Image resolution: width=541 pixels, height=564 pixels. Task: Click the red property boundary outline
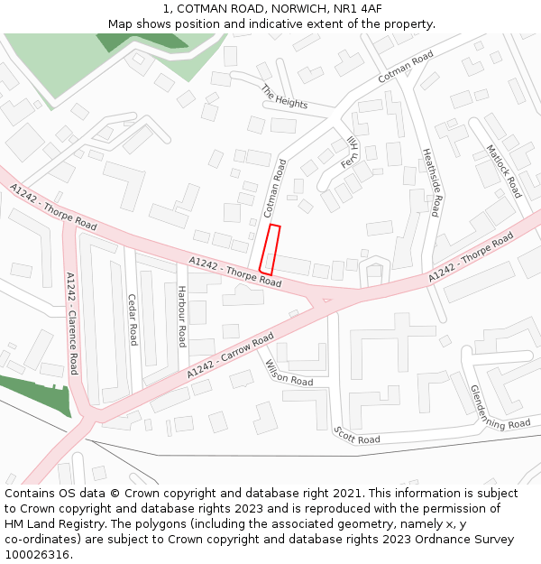pos(270,250)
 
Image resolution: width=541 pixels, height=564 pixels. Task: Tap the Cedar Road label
pos(133,319)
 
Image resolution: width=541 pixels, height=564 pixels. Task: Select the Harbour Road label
pos(181,317)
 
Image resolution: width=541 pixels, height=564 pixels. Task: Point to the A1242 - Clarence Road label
pos(71,324)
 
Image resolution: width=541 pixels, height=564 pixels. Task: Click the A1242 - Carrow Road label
pos(230,356)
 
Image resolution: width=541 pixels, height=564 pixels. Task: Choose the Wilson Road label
pos(289,373)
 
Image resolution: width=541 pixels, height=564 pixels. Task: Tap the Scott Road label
pos(356,437)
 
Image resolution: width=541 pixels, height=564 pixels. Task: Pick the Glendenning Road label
pos(500,407)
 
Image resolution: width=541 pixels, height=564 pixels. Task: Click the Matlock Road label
pos(503,171)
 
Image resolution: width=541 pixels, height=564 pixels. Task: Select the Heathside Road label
pos(430,182)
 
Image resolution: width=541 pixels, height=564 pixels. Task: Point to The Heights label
pos(284,97)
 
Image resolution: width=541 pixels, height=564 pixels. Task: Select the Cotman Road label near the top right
pos(406,67)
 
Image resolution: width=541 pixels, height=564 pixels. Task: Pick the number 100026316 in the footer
pos(39,554)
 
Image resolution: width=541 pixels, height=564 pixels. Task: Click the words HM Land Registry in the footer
pos(48,523)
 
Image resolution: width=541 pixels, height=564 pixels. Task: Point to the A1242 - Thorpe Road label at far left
pos(53,206)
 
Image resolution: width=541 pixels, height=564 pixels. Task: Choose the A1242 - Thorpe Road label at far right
pos(471,256)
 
